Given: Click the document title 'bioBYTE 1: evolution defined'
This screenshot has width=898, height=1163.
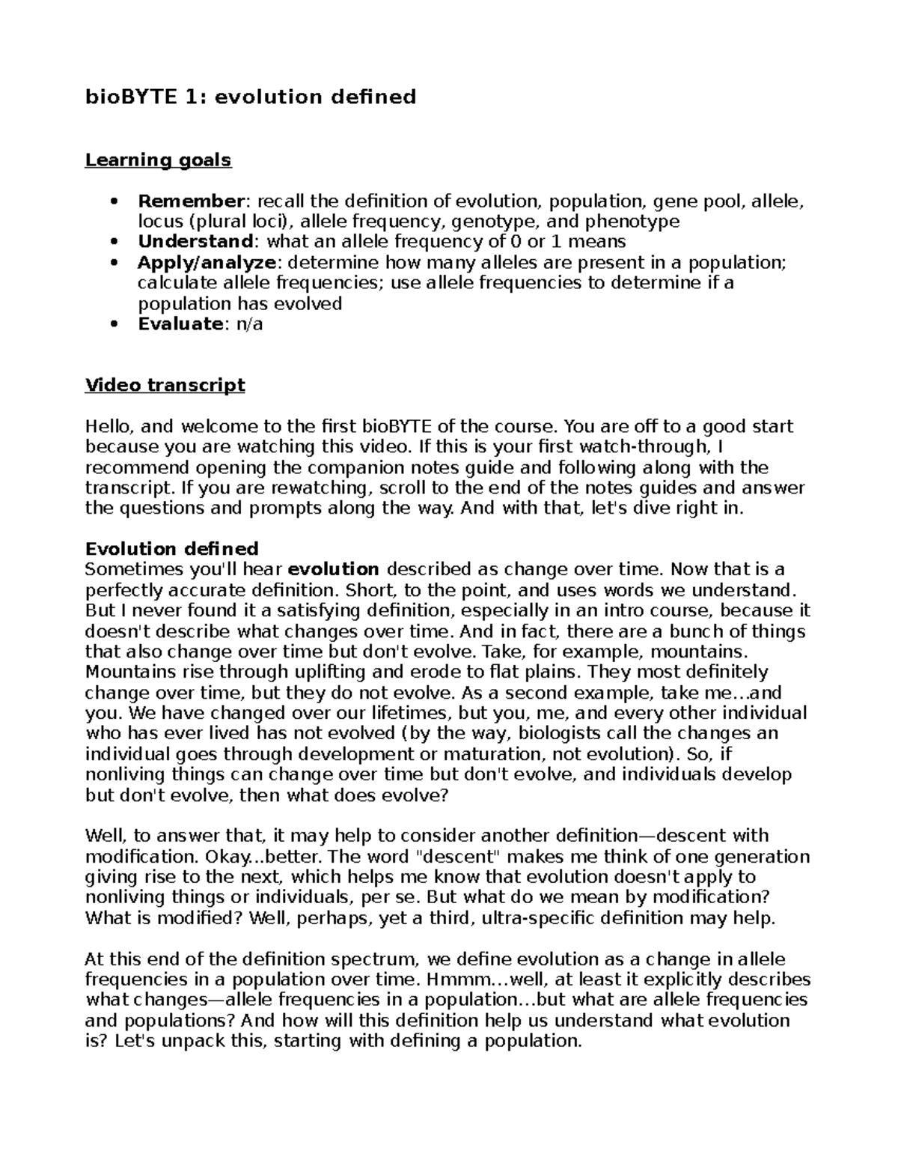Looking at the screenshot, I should coord(251,97).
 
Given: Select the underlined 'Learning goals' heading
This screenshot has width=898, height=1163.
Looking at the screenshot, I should coord(158,160).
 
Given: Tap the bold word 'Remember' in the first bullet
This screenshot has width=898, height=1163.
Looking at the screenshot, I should coord(192,201).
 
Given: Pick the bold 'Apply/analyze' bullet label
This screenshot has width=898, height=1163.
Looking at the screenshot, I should coord(207,263).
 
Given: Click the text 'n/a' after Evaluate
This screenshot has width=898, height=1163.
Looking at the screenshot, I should coord(248,324).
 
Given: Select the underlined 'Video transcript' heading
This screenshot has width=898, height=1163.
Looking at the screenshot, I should coord(165,386).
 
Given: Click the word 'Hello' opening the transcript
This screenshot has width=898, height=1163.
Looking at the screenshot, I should coord(109,427).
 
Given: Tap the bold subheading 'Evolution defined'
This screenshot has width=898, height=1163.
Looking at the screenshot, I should coord(172,549).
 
